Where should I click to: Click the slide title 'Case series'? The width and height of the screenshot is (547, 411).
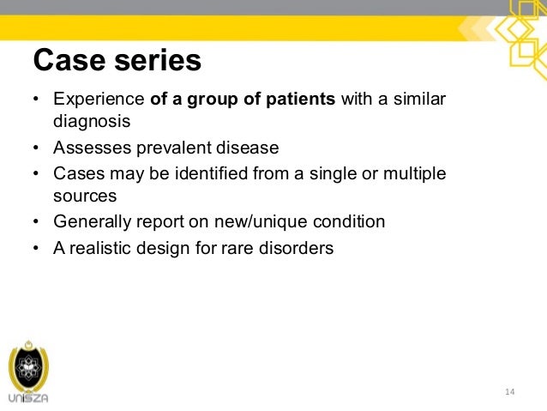(x=117, y=61)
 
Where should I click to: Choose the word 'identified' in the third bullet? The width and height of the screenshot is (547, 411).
(x=208, y=173)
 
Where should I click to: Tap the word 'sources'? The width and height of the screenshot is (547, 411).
(x=84, y=196)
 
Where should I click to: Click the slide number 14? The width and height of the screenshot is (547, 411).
(x=509, y=392)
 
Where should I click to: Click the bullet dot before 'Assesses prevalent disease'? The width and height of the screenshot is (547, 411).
(x=36, y=148)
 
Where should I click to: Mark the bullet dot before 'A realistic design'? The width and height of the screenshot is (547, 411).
(x=36, y=250)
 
